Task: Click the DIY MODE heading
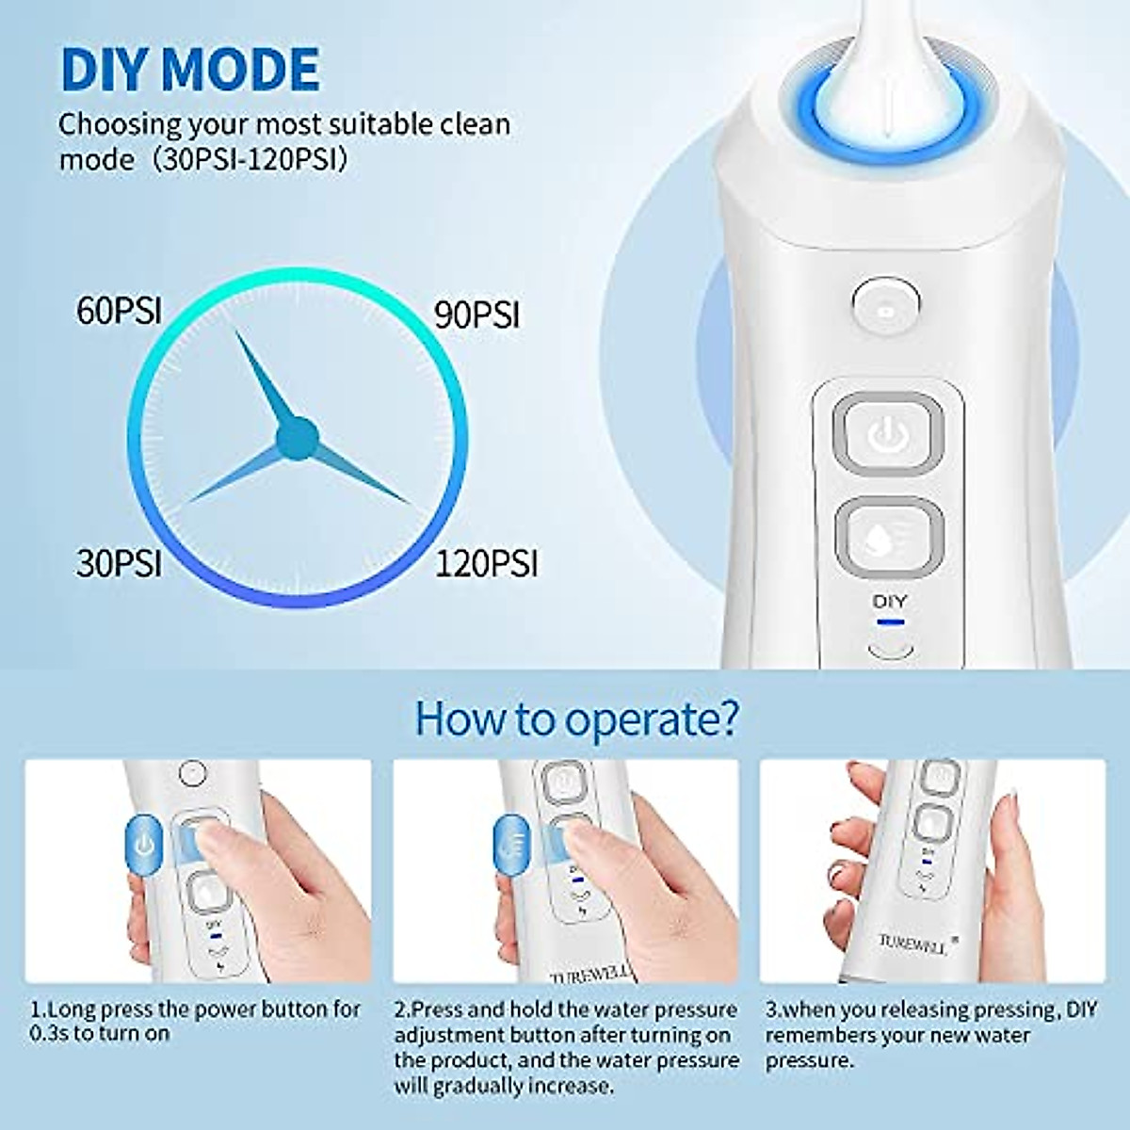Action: click(189, 69)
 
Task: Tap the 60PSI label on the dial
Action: click(119, 312)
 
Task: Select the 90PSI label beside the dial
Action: click(476, 315)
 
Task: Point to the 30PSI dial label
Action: click(119, 563)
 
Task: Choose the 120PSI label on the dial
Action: click(486, 563)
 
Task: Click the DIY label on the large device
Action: click(890, 601)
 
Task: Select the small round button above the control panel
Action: click(885, 307)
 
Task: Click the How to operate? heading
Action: click(576, 719)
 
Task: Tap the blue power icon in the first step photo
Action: click(143, 845)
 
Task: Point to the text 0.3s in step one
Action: click(48, 1033)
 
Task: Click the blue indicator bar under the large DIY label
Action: click(890, 621)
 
